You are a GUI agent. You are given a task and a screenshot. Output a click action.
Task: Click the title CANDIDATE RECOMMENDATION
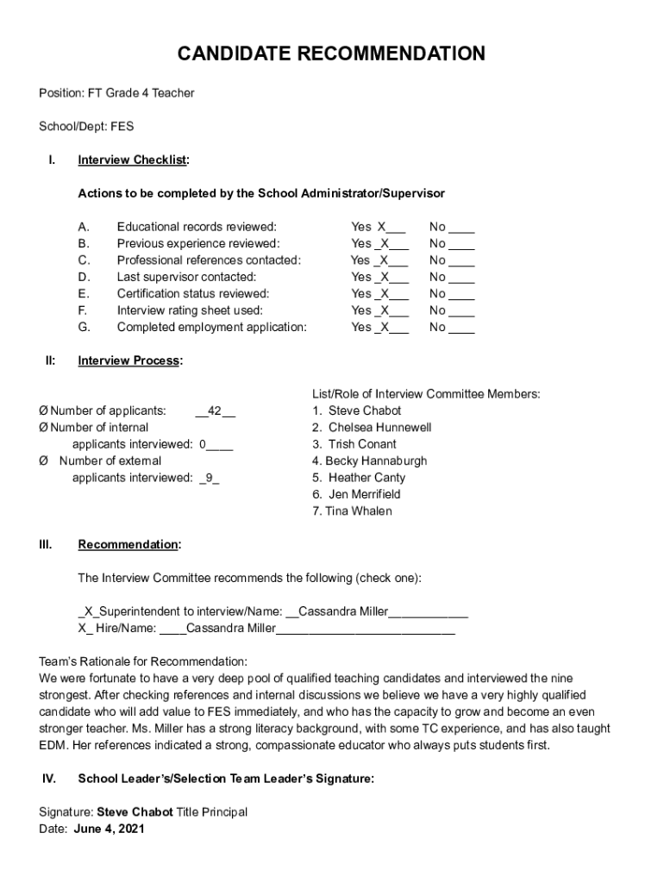point(331,55)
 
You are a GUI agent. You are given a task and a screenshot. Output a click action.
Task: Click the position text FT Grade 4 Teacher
point(140,92)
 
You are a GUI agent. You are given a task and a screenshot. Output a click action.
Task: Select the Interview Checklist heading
point(133,160)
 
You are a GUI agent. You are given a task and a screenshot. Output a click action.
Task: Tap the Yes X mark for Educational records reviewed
point(380,227)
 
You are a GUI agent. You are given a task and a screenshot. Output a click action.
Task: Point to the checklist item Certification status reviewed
point(193,293)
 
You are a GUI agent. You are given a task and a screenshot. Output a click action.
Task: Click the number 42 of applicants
point(216,411)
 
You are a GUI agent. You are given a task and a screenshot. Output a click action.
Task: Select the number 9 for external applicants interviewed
point(209,478)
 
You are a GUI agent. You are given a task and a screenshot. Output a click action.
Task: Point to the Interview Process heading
point(129,361)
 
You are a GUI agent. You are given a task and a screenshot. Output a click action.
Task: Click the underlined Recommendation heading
point(128,545)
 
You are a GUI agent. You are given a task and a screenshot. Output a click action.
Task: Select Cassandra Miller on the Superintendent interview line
point(342,611)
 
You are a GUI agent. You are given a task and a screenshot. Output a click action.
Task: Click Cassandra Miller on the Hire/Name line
point(230,629)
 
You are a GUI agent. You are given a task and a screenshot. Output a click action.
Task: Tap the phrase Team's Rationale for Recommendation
point(143,661)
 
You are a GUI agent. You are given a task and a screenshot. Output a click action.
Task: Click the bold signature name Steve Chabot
point(135,812)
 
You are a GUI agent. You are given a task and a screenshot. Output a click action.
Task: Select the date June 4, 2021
point(109,830)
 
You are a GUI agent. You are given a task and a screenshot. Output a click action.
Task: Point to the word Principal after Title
point(225,812)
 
